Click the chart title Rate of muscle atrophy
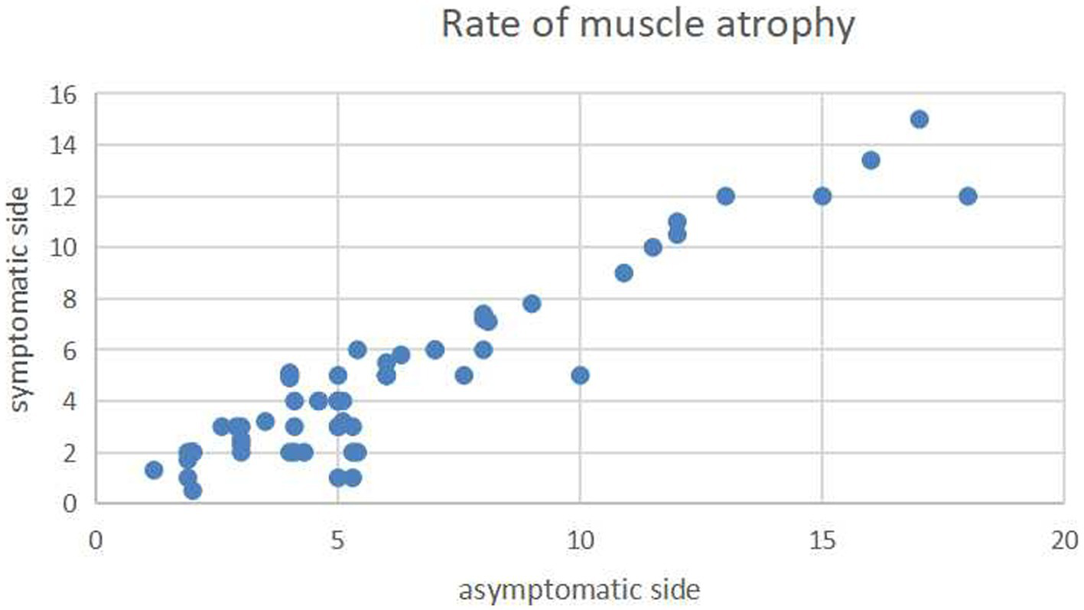coord(647,25)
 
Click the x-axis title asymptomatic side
coord(579,590)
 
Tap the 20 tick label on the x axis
coord(1063,539)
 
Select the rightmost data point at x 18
coord(968,196)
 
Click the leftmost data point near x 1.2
coord(154,469)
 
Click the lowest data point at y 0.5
coord(193,491)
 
